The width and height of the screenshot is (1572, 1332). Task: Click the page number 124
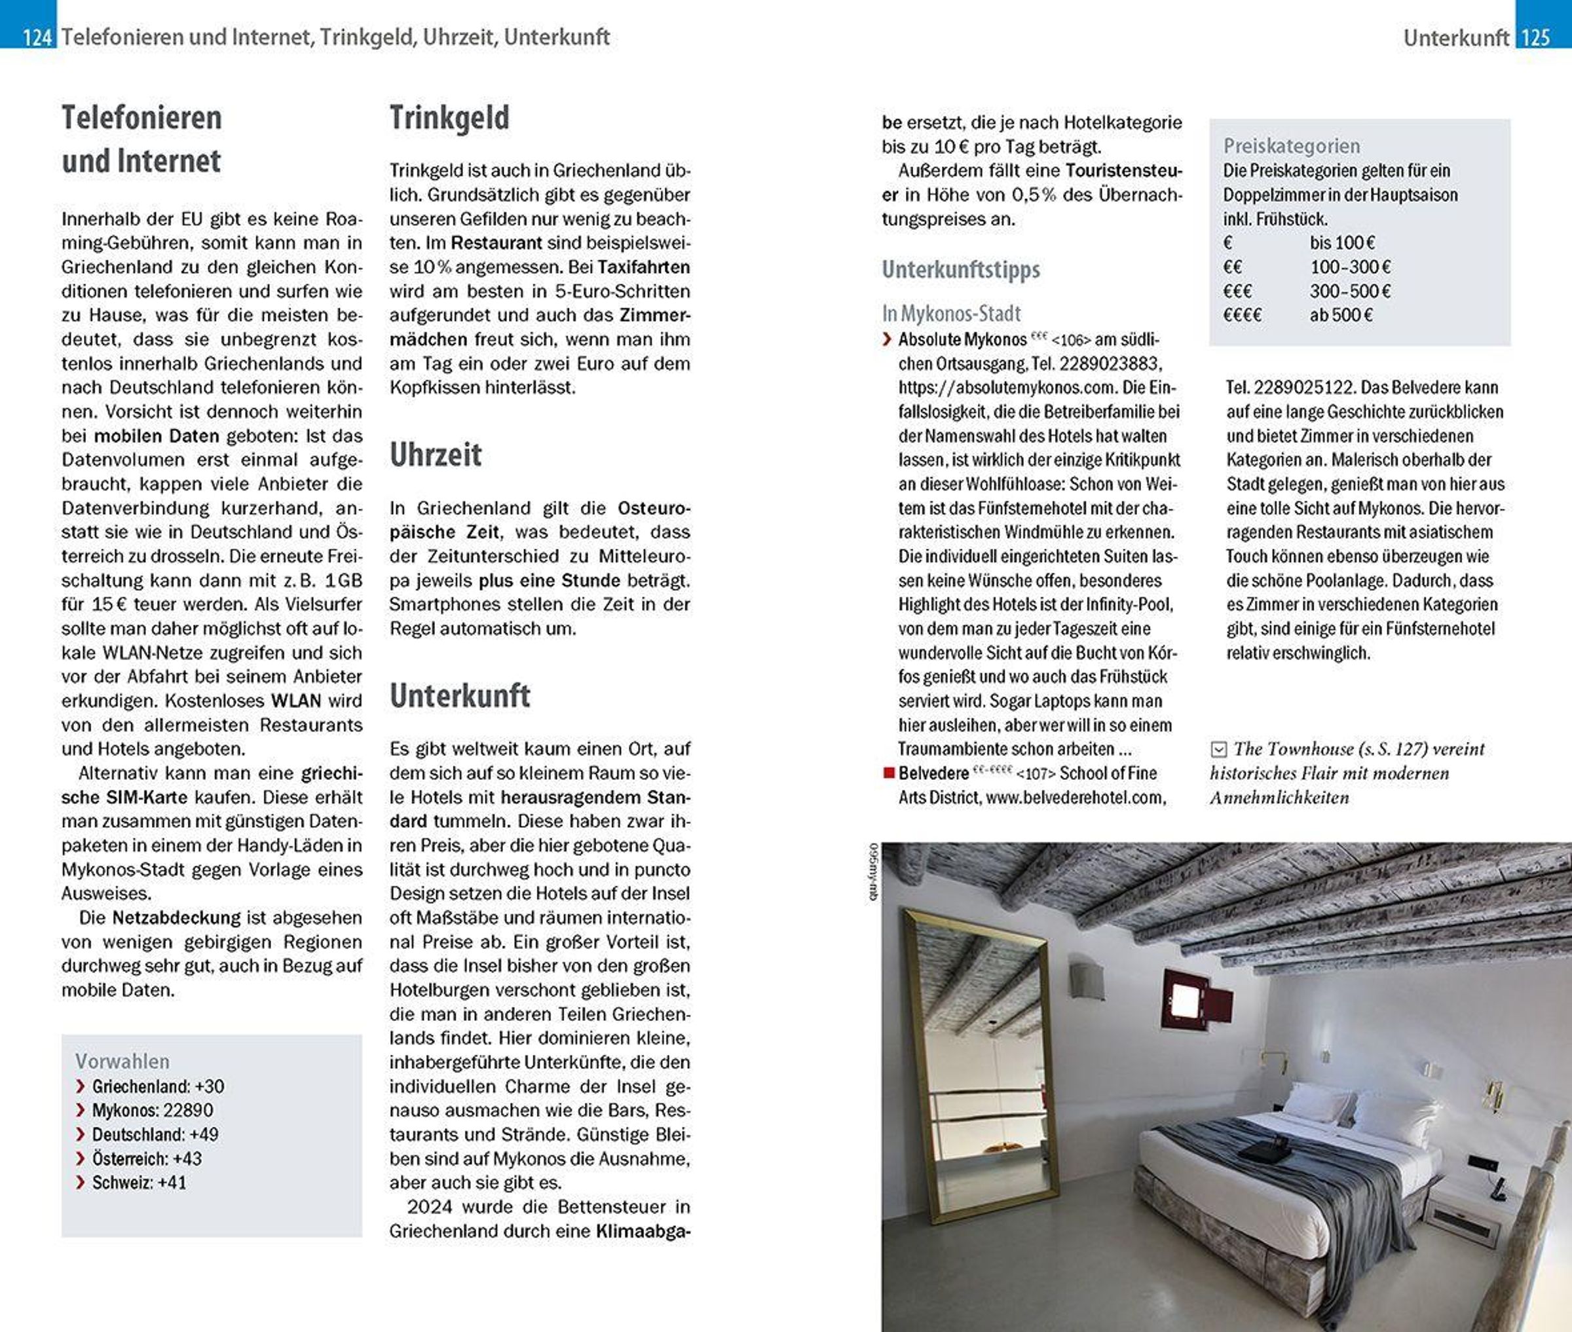(36, 37)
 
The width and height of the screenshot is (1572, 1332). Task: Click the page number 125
(1536, 37)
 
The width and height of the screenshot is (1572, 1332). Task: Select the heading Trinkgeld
(449, 118)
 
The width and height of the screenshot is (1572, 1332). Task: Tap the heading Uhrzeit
(436, 454)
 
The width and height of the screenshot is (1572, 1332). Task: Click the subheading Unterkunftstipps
(960, 270)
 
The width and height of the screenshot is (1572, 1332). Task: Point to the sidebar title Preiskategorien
(1291, 146)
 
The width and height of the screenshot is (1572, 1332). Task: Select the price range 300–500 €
(1350, 291)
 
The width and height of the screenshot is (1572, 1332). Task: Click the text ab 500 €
(1341, 315)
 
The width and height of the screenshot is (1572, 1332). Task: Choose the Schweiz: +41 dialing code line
(139, 1183)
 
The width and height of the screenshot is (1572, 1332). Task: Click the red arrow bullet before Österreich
(81, 1158)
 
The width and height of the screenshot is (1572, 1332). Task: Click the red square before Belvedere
(889, 773)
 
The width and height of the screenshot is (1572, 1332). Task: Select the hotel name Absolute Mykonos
(962, 340)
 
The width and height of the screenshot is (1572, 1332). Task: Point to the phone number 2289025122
(1299, 388)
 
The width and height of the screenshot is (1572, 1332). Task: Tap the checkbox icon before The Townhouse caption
(1218, 749)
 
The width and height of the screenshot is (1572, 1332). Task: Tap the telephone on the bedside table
(1498, 1188)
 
